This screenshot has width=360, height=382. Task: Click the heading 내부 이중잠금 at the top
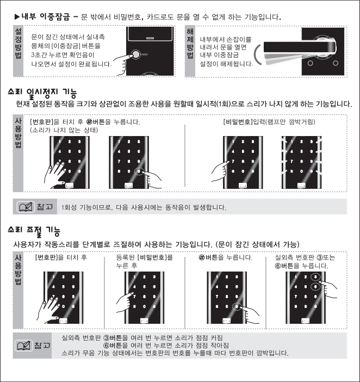pos(45,17)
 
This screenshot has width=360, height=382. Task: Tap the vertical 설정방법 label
pos(18,44)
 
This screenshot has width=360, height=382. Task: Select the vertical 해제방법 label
pos(190,44)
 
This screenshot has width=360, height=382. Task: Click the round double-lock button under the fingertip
pos(135,54)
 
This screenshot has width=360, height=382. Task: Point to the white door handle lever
pos(300,47)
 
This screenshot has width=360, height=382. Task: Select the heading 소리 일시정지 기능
pos(42,93)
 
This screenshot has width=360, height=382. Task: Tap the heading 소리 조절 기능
pos(34,230)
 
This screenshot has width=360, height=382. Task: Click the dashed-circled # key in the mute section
pos(139,171)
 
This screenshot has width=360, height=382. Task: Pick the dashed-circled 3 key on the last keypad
pos(315,277)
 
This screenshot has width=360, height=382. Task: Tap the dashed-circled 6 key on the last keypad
pos(315,287)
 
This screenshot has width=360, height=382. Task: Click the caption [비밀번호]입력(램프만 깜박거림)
pos(269,121)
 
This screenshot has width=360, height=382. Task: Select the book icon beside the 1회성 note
pos(26,207)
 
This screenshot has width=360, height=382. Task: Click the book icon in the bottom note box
pos(23,346)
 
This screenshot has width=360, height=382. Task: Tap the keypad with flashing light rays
pos(302,162)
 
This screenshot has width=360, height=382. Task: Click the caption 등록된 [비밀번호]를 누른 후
pos(144,261)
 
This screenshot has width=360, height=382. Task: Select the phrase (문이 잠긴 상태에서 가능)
pos(258,244)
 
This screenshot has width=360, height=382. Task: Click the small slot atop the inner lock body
pos(150,38)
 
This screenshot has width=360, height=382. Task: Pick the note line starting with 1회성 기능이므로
pos(144,207)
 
